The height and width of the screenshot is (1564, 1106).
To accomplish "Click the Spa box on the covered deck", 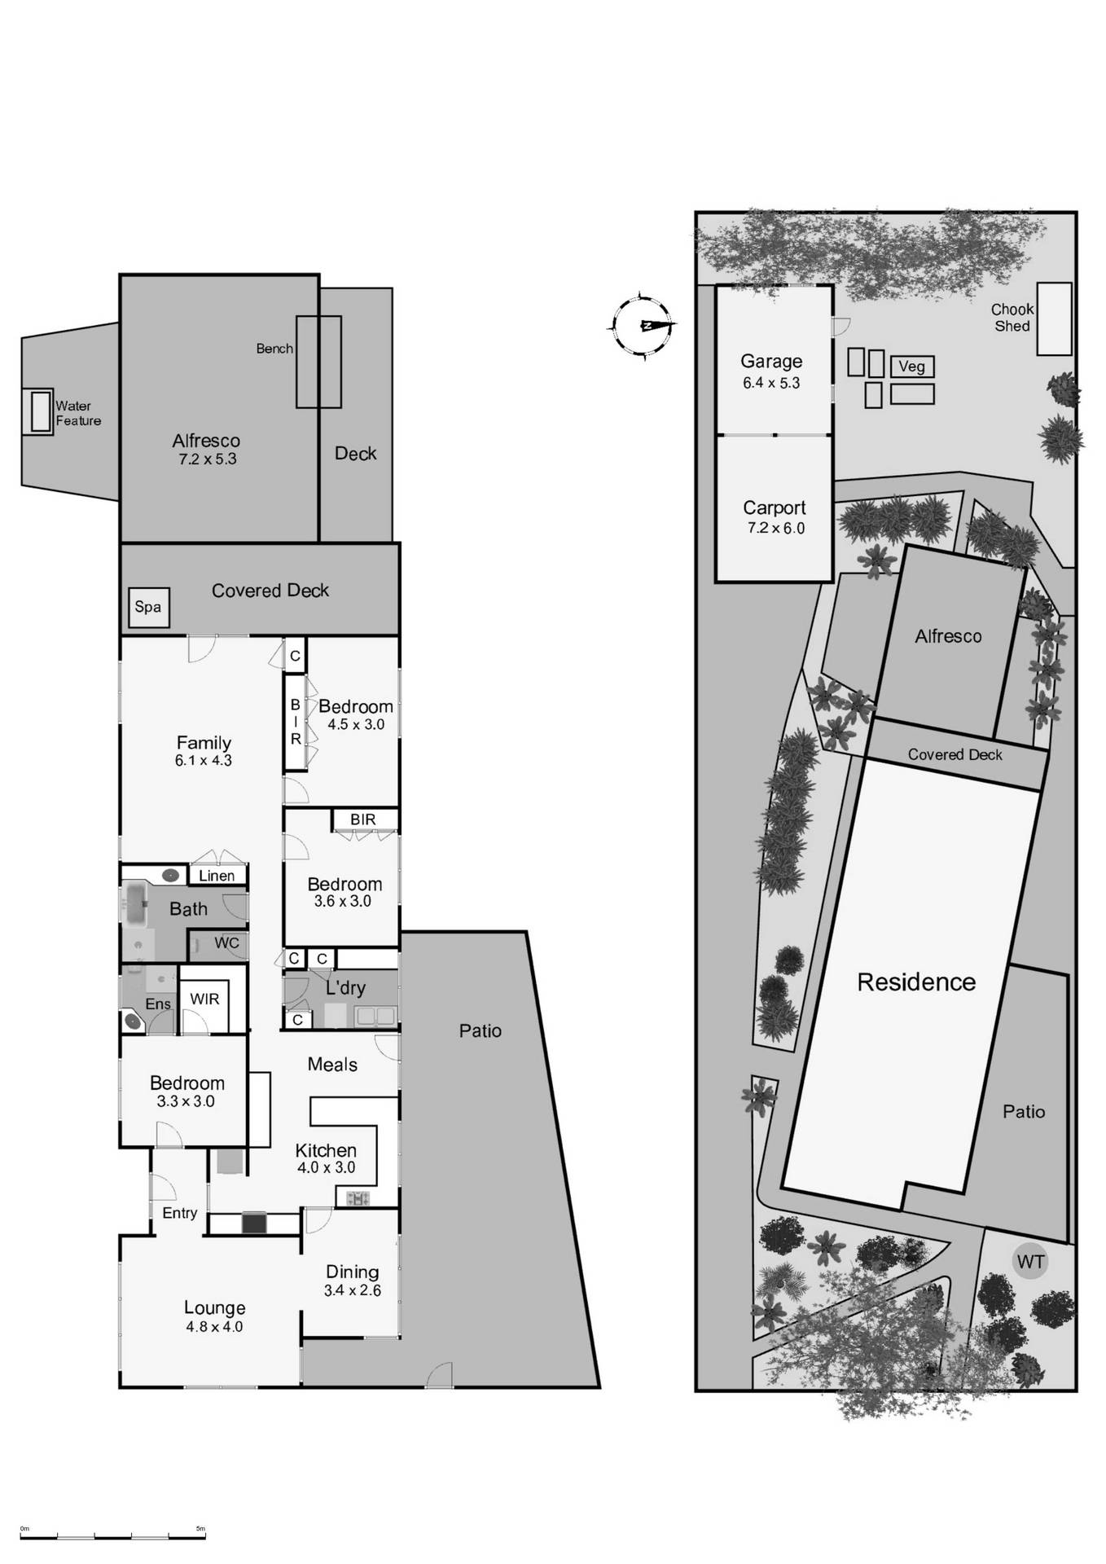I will coord(148,608).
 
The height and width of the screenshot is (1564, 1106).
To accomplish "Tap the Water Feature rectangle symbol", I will coord(41,411).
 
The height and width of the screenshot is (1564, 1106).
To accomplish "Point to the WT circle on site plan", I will coord(1030,1262).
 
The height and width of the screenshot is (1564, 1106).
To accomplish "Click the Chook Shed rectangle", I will coord(1054,319).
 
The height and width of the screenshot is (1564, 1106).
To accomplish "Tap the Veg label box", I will coord(911,367).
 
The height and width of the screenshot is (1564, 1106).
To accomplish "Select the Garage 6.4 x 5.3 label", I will coord(771,371).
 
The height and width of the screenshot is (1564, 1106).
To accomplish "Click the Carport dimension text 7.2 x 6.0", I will coord(775,528).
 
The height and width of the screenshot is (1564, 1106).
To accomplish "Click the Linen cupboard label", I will coord(217,876).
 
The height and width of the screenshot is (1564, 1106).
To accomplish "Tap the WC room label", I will coord(226,943).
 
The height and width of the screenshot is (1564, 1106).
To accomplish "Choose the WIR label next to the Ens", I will coord(204,999).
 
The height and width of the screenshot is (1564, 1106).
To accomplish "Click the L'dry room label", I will coord(345,988).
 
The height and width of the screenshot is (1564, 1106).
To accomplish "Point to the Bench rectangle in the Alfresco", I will coord(318,362).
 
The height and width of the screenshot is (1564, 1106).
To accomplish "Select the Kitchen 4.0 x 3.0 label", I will coord(326,1158).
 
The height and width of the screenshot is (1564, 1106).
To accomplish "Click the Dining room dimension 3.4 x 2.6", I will coord(352,1290).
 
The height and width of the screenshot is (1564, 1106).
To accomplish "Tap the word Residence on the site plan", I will coord(916,982).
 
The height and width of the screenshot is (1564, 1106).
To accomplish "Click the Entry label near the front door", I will coord(180,1213).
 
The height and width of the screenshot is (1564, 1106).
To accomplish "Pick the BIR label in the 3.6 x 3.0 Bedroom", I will coord(363,819).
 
